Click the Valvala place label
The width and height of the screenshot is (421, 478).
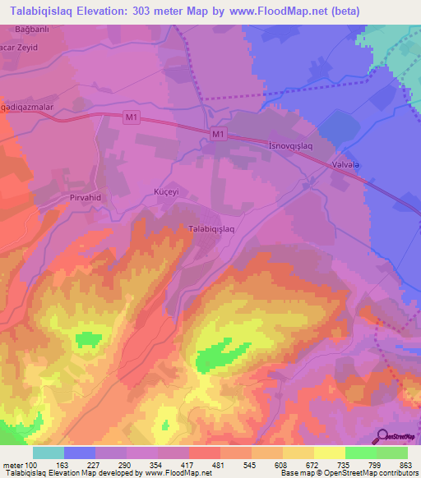tap(344, 164)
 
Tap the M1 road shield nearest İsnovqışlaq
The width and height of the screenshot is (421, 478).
tap(217, 135)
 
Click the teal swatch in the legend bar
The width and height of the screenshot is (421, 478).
tap(49, 453)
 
